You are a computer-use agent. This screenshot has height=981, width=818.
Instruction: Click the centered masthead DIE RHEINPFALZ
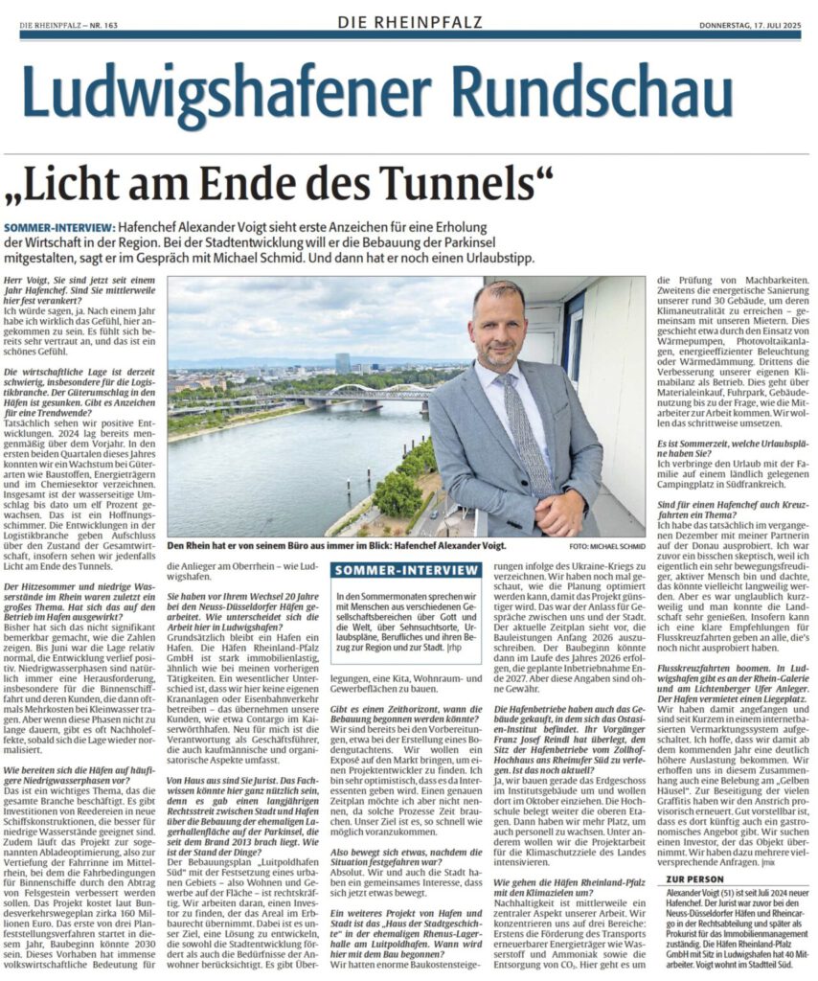409,21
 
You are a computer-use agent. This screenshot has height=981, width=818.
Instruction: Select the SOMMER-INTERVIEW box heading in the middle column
406,570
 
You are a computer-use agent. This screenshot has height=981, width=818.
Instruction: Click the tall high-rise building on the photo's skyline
342,363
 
